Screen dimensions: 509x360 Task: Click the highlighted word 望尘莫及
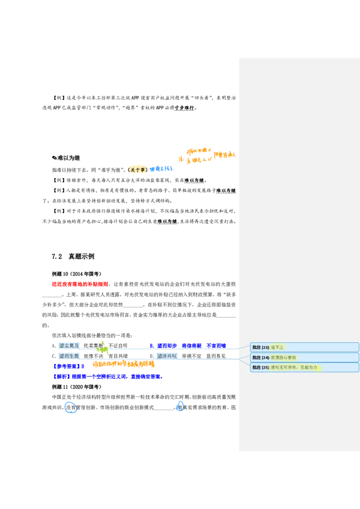(x=69, y=346)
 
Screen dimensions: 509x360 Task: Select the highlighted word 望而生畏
(x=69, y=356)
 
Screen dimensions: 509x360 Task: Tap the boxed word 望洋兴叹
(x=167, y=356)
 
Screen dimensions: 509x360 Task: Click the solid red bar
(x=79, y=284)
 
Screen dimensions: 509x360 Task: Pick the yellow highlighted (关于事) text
(x=138, y=169)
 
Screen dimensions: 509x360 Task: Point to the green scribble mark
(x=103, y=348)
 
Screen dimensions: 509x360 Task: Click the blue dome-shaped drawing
(x=70, y=407)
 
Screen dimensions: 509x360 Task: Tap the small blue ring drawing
(x=180, y=406)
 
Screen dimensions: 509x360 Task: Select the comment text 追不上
(x=277, y=347)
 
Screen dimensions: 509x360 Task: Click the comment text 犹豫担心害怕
(x=283, y=357)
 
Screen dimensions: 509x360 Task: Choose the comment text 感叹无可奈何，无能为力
(x=295, y=367)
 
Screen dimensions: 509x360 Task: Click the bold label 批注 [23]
(x=261, y=347)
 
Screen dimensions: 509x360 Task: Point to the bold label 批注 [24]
(x=261, y=357)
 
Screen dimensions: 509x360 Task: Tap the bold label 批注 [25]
(x=261, y=367)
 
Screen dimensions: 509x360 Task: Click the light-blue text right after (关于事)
(x=161, y=169)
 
